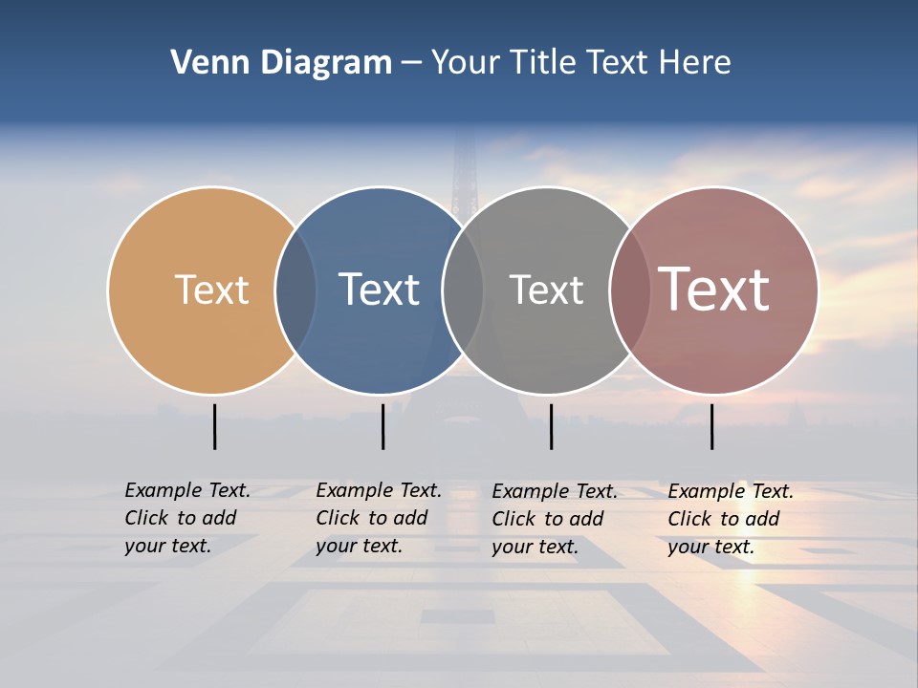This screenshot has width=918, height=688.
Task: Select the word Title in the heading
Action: point(542,62)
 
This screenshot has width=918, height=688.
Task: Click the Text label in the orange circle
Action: point(211,290)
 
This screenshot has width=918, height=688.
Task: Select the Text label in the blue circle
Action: point(379,290)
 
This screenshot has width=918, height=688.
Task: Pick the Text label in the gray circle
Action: point(546,290)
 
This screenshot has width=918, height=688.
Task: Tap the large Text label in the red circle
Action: point(713,290)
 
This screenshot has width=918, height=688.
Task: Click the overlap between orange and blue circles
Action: point(295,290)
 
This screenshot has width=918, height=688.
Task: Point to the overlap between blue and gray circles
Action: point(463,290)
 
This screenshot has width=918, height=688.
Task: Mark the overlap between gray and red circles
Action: point(629,290)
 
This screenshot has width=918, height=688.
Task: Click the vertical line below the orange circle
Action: point(214,426)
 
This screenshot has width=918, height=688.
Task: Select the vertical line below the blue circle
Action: point(382,426)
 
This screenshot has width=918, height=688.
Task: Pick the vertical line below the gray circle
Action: point(551,426)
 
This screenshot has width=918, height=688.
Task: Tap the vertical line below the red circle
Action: point(711,426)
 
